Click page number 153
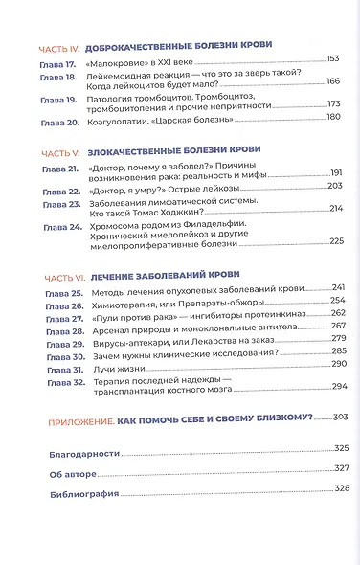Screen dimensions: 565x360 pos(331,59)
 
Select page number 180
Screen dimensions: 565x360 pos(332,117)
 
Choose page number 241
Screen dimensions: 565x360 pos(336,287)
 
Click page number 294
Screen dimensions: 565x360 pos(337,386)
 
